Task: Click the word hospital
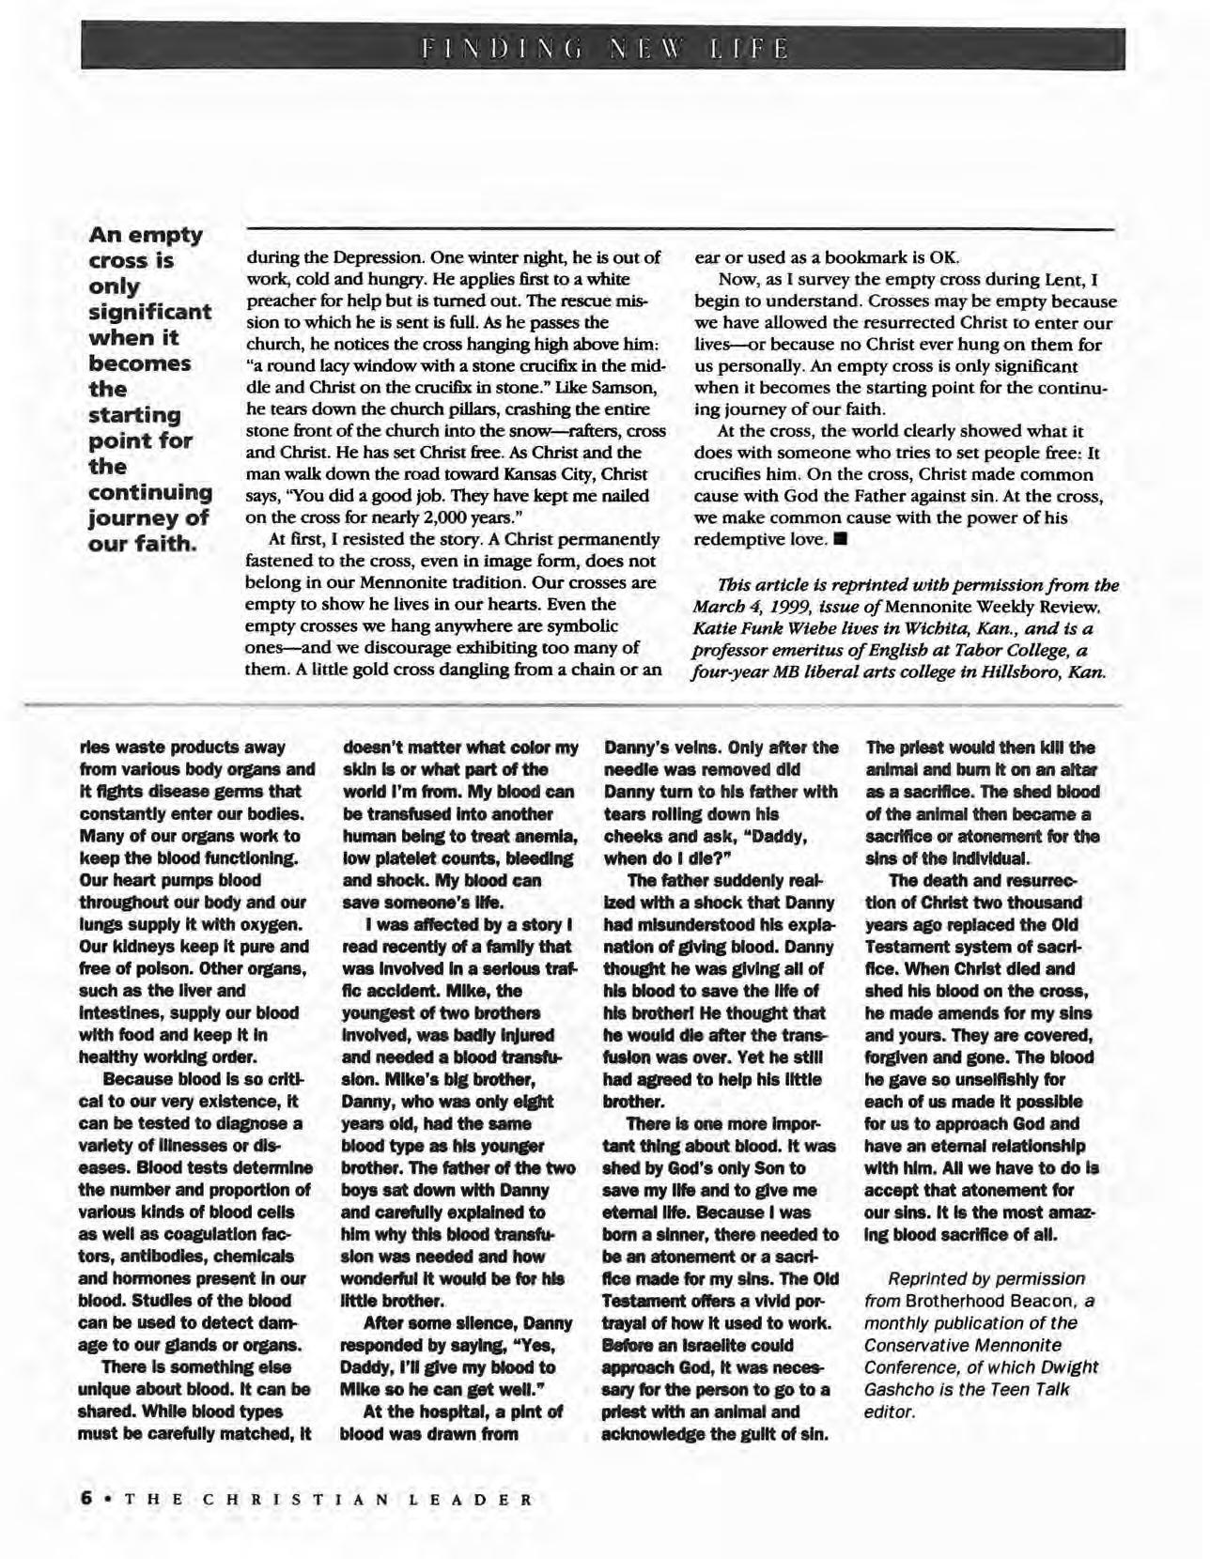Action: point(443,1411)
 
